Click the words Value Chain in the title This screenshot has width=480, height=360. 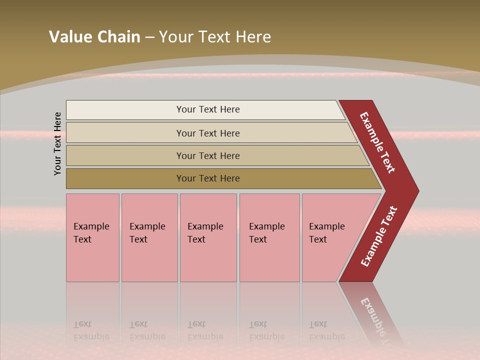[x=94, y=37]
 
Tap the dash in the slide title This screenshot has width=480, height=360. [x=149, y=37]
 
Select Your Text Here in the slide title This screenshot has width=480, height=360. [x=215, y=37]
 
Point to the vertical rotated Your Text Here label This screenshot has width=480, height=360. [x=58, y=143]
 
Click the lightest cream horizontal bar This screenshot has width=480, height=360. [x=125, y=110]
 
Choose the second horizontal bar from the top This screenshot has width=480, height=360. [x=125, y=133]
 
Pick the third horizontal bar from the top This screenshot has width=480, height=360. [x=125, y=155]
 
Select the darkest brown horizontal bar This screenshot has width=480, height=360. [x=125, y=178]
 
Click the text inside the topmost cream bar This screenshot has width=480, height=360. [x=208, y=109]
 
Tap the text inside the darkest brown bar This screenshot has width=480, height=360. [x=208, y=178]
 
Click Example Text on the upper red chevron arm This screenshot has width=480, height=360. [x=377, y=142]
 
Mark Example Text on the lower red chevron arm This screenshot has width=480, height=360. [x=378, y=236]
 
